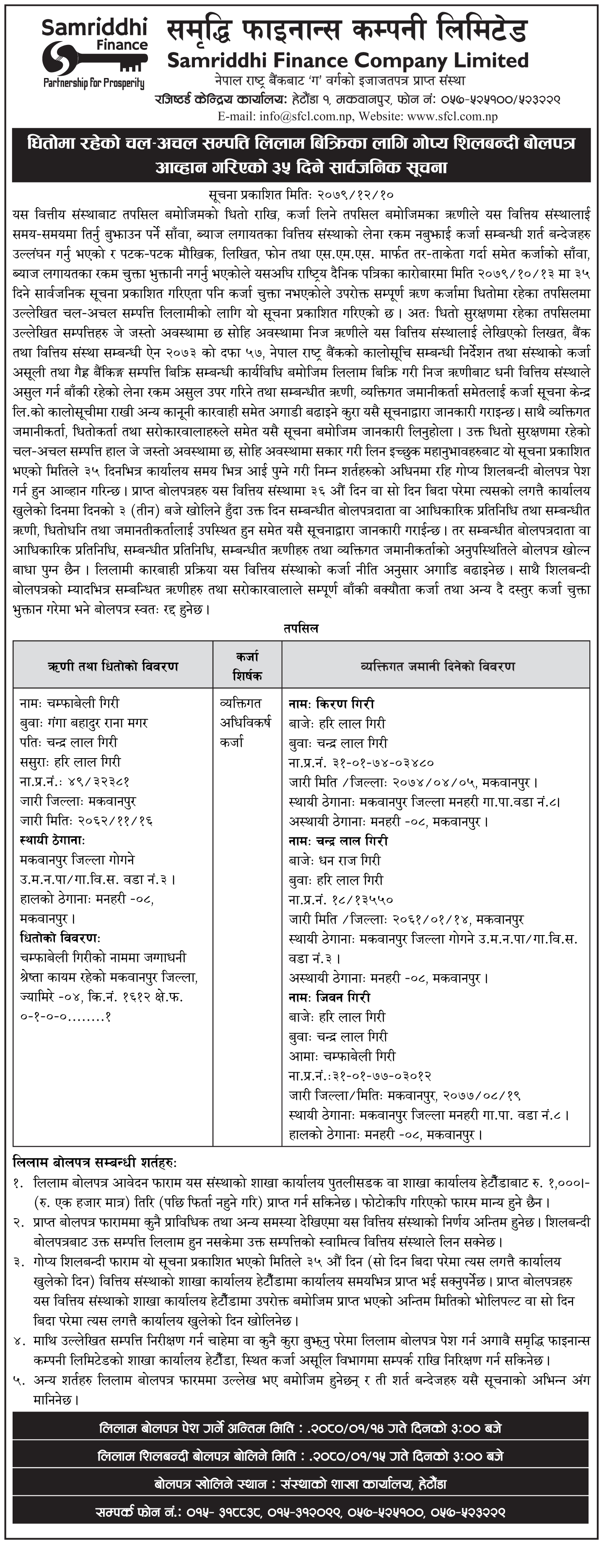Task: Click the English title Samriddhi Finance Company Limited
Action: tap(348, 60)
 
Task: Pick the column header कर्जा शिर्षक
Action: tap(247, 666)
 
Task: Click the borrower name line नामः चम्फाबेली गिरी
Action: tap(70, 703)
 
